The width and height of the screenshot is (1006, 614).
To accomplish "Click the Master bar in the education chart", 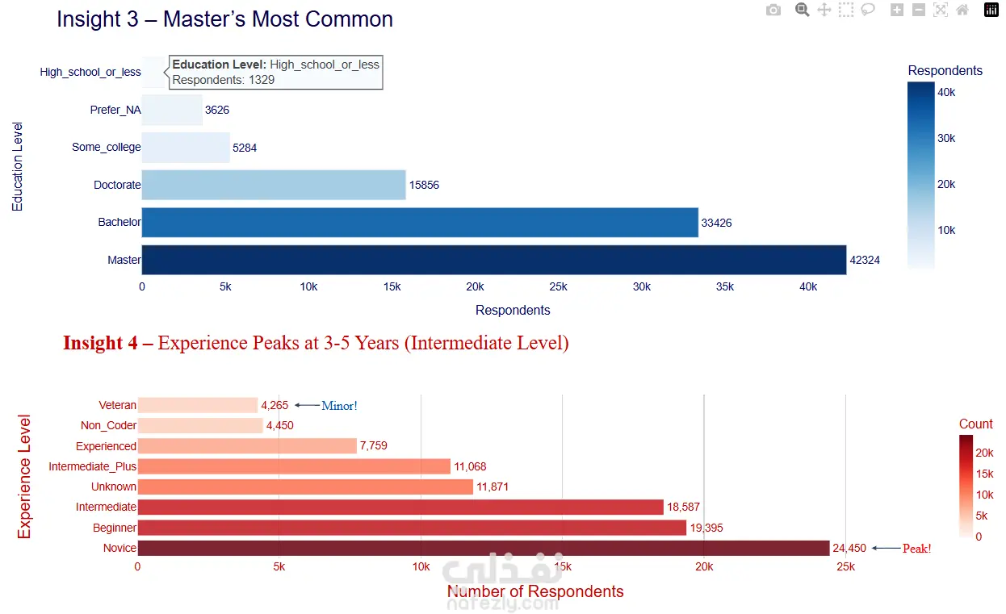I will coord(493,260).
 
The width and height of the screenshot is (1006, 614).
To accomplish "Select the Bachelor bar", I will coord(419,223).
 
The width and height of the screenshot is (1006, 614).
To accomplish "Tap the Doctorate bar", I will coord(273,185).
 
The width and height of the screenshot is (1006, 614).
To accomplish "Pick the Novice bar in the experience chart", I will coord(483,548).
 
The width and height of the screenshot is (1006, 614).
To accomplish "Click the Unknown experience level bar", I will coord(304,487).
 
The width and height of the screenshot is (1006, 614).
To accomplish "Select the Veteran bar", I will coord(197,405).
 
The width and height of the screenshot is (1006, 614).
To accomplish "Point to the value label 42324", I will coord(865,261).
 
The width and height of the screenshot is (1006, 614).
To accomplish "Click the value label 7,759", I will coord(376,446).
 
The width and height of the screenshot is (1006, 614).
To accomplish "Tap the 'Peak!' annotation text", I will coord(916,549).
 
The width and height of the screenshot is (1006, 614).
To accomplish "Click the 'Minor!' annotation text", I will coord(339,406).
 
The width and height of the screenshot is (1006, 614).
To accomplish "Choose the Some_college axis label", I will coord(106,148).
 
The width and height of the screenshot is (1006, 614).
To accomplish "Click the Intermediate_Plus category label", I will coord(92,466).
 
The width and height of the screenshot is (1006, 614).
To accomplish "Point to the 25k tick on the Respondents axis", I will coord(558,287).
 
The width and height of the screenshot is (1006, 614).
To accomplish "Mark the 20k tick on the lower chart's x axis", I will coord(704,567).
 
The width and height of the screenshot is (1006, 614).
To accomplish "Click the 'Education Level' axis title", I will coord(18,166).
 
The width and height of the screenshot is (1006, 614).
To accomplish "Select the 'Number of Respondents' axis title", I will coord(535,591).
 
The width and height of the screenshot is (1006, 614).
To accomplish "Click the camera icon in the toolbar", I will coord(773,10).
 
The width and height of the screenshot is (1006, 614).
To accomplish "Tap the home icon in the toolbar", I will coord(962,10).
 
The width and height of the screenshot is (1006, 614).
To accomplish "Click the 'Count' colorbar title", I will coord(975,424).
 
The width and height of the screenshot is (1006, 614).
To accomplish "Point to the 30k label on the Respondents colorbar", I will coord(945,139).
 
